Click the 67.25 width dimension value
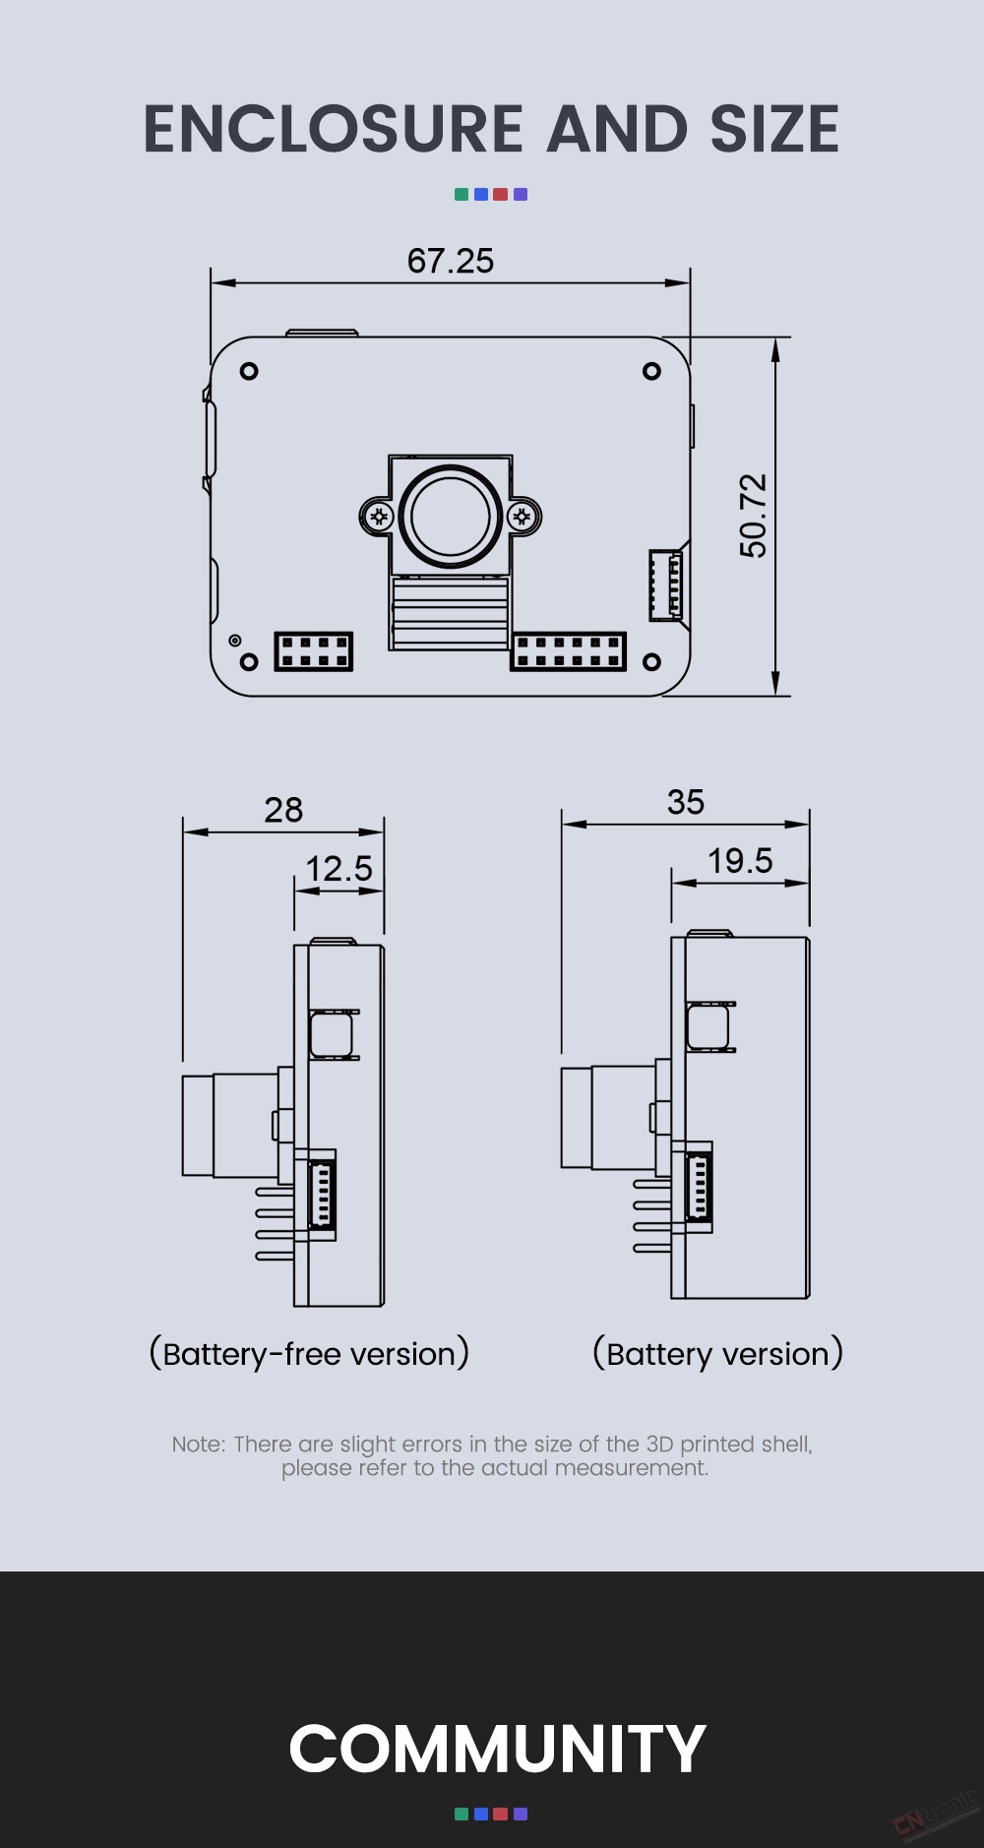click(x=451, y=261)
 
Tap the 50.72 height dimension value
click(x=753, y=516)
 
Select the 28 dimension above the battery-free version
click(x=283, y=810)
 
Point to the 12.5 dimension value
click(x=339, y=869)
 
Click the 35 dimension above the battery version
click(x=686, y=802)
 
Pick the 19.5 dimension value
click(x=740, y=861)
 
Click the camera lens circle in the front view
click(x=451, y=517)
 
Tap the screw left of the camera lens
click(x=379, y=517)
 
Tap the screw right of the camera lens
click(x=523, y=517)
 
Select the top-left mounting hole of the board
click(x=249, y=371)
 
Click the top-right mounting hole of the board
click(x=651, y=371)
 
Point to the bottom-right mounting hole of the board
click(x=651, y=662)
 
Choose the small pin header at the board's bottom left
click(x=313, y=651)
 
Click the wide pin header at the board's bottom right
click(x=569, y=651)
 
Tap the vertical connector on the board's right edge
click(x=665, y=585)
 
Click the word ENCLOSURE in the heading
click(x=334, y=130)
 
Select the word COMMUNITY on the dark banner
click(x=497, y=1749)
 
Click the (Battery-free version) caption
click(x=309, y=1354)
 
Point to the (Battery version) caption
click(x=718, y=1354)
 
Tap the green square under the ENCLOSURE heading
click(x=461, y=195)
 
